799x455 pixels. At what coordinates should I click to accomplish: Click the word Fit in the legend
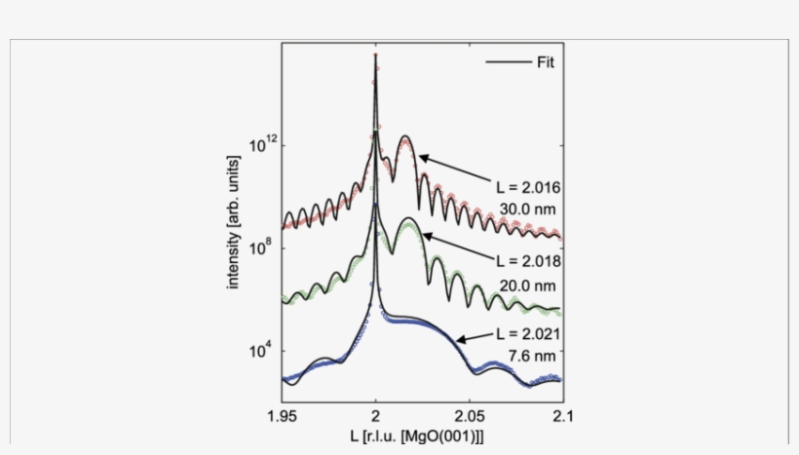pyautogui.click(x=545, y=64)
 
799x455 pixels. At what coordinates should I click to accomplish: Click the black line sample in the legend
pyautogui.click(x=506, y=64)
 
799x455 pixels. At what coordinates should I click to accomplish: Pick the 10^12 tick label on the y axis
pyautogui.click(x=263, y=144)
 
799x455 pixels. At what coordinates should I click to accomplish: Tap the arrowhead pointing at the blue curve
pyautogui.click(x=462, y=340)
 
